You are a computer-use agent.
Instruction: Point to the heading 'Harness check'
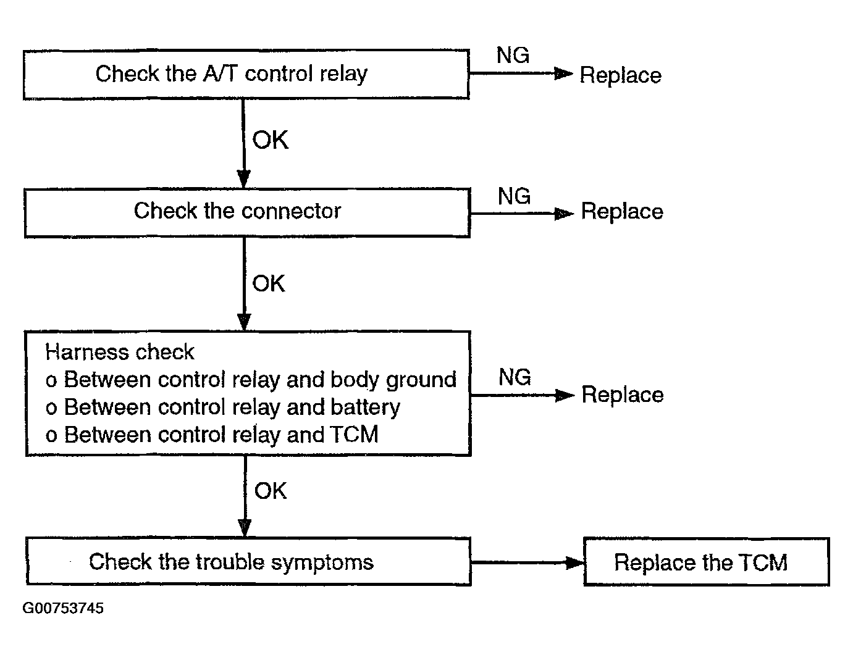120,351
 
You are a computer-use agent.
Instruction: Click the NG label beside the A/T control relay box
513,55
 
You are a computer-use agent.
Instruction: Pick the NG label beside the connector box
515,196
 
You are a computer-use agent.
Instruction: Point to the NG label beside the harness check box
515,377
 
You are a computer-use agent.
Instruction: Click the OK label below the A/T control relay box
270,140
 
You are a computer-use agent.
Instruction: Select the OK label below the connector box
269,283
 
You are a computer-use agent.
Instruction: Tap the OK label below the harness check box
271,490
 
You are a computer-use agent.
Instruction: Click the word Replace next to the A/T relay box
621,75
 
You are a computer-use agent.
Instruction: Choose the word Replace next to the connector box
622,212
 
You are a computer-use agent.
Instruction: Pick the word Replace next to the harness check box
623,395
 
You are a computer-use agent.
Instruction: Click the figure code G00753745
63,608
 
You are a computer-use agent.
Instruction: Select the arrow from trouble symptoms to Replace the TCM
527,562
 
